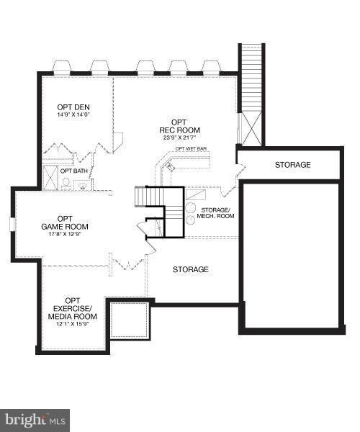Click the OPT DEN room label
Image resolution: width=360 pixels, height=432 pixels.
coord(73,107)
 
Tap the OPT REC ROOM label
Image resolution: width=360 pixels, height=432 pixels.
coord(179,126)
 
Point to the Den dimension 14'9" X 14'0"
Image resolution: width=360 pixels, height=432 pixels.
coord(74,114)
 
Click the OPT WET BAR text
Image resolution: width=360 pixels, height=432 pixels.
coord(191,149)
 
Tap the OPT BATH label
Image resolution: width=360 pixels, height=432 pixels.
coord(74,171)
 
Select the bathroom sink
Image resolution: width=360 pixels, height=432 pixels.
coord(82,186)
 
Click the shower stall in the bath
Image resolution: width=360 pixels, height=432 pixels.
coord(50,177)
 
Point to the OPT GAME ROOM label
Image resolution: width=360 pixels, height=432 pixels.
coord(65,222)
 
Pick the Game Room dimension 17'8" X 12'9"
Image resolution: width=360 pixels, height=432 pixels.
coord(65,234)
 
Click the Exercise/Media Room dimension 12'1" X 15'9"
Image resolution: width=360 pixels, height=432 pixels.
coord(73,324)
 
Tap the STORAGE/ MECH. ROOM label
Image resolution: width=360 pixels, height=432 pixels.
coord(215,213)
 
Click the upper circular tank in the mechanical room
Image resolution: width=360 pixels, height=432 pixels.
coord(190,208)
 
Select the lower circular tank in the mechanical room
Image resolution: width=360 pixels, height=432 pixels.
coord(190,220)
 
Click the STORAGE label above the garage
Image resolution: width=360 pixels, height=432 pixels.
coord(293,165)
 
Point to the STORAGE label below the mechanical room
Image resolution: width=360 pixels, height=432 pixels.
coord(191,269)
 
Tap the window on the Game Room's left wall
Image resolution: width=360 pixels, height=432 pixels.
coord(12,224)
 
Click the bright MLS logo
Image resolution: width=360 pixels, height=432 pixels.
coord(35,420)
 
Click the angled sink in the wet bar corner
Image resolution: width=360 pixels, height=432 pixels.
coord(170,166)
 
